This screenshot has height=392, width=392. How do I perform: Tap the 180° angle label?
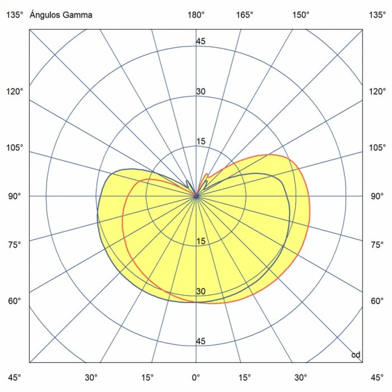[x=196, y=15]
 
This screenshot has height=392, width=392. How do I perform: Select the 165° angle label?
[x=245, y=15]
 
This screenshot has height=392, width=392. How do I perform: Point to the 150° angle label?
[x=301, y=15]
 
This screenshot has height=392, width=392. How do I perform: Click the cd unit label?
[x=356, y=355]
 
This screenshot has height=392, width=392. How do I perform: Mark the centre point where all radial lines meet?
[x=196, y=196]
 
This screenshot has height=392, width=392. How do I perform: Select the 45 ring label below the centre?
[x=201, y=341]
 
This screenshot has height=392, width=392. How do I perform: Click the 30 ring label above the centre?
[x=201, y=92]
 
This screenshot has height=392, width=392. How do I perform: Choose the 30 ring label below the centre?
[x=201, y=292]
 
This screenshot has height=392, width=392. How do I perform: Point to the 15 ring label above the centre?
[x=201, y=142]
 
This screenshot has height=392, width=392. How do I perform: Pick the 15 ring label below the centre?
[x=201, y=241]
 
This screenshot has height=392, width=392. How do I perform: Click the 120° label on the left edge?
[x=15, y=91]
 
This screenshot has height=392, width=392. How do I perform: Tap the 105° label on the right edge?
[x=377, y=148]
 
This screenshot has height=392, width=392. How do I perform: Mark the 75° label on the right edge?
[x=377, y=245]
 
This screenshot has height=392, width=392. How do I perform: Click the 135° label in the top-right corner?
[x=377, y=15]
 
